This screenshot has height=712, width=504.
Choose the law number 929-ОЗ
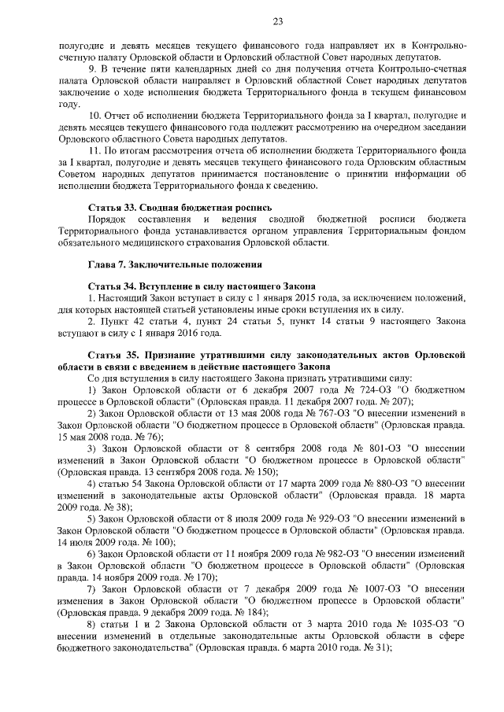pos(318,518)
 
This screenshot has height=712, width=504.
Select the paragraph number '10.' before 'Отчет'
pos(95,116)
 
